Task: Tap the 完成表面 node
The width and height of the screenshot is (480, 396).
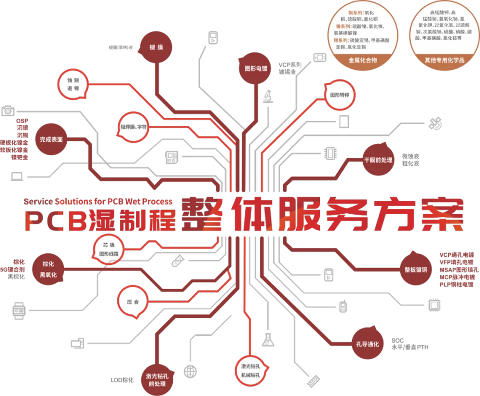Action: (x=52, y=139)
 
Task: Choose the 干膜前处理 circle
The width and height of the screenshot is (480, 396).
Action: (x=378, y=159)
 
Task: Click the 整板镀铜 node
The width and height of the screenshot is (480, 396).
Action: (x=415, y=269)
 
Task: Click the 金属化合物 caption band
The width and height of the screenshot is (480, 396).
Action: (x=363, y=61)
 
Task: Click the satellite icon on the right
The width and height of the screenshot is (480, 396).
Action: (x=436, y=123)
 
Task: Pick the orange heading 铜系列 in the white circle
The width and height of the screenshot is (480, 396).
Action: (x=340, y=12)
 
